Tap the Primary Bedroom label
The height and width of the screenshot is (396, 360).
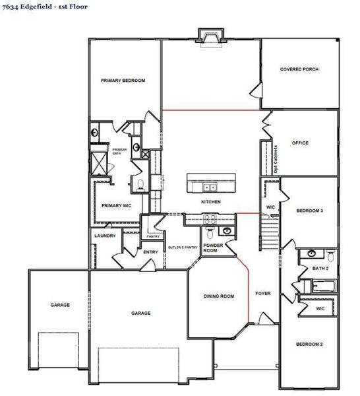click(x=123, y=81)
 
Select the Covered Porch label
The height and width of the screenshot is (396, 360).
click(x=299, y=69)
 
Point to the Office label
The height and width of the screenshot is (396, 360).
click(x=300, y=143)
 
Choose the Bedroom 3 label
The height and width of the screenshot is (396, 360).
click(x=309, y=211)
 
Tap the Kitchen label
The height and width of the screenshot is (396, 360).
click(x=211, y=201)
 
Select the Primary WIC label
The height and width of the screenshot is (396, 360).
click(x=117, y=206)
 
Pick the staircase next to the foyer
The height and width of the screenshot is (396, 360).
click(x=270, y=234)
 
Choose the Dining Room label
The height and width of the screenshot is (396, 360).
click(x=218, y=296)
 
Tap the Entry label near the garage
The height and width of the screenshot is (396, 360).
click(x=150, y=251)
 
